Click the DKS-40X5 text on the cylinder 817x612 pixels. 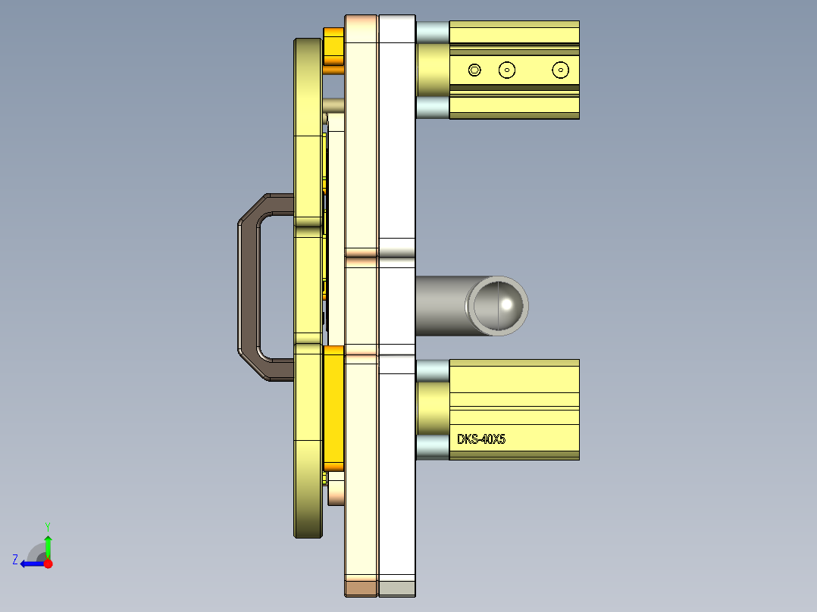[x=481, y=439]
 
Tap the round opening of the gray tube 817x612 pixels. [x=499, y=305]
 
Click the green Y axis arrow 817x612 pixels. [x=48, y=544]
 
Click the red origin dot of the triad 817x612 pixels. [x=49, y=564]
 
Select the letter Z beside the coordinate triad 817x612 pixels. [x=15, y=560]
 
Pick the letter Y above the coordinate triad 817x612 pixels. [x=48, y=526]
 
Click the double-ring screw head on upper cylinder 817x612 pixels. [x=474, y=70]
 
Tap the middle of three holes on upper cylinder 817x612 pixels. [x=507, y=70]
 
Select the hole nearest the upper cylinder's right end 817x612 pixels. [x=560, y=70]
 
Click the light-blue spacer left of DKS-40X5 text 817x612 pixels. [x=432, y=447]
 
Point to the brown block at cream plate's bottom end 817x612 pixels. [x=361, y=588]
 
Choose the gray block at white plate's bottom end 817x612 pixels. [x=396, y=588]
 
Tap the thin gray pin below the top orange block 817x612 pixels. [x=334, y=105]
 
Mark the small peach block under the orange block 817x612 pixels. [x=336, y=491]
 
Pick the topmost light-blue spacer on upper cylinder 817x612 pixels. [x=432, y=32]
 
